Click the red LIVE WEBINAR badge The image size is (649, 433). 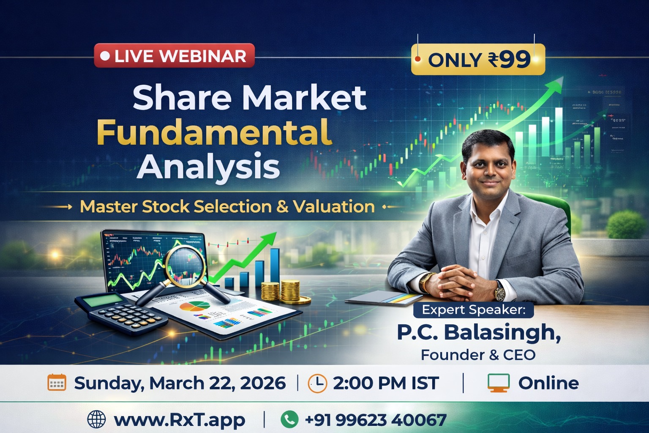[x=174, y=56]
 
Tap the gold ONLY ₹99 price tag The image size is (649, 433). [x=478, y=60]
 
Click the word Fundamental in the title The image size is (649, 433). [x=214, y=132]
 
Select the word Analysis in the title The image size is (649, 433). [x=208, y=167]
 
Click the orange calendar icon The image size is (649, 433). [x=57, y=383]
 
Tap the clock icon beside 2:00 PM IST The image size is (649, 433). [x=317, y=383]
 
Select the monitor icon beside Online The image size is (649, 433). [x=498, y=383]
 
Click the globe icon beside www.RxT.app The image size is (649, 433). [x=96, y=419]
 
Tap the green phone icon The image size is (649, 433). [x=289, y=419]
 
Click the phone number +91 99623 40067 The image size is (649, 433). [x=375, y=420]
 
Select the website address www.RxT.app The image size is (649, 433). [x=179, y=420]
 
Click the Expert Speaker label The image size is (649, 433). [x=474, y=310]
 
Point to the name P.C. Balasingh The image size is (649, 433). [x=479, y=332]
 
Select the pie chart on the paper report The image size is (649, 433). [x=194, y=306]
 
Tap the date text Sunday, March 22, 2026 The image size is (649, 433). [x=180, y=383]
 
